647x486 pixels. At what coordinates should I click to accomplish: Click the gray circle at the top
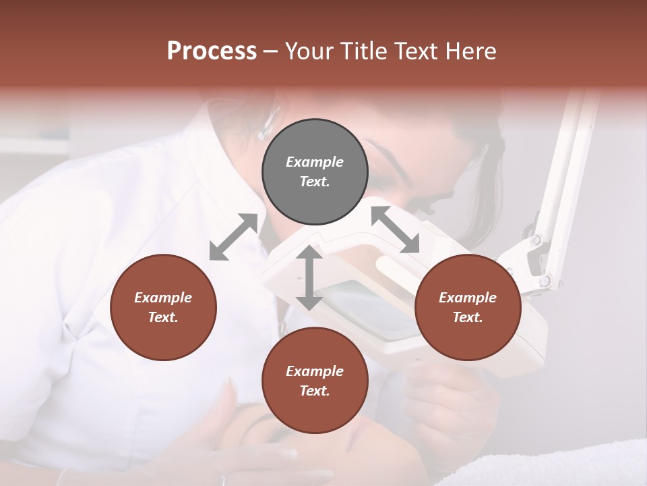click(x=315, y=171)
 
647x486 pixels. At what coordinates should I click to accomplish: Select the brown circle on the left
click(x=163, y=307)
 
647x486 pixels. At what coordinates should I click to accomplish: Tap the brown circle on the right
click(x=468, y=307)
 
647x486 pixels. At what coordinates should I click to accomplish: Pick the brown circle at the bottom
click(x=315, y=381)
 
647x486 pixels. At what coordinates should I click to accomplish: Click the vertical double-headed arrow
click(x=309, y=278)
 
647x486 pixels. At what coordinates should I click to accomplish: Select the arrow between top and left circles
click(x=233, y=237)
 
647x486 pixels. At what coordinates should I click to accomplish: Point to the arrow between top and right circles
click(x=395, y=230)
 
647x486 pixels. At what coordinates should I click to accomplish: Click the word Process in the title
click(x=212, y=51)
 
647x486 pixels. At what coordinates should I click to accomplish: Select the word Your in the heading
click(x=309, y=51)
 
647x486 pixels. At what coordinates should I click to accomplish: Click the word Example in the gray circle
click(x=315, y=162)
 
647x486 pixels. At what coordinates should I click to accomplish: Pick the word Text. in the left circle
click(x=163, y=317)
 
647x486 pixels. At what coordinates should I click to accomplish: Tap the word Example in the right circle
click(x=468, y=298)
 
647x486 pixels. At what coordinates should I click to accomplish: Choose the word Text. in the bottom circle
click(x=315, y=391)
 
